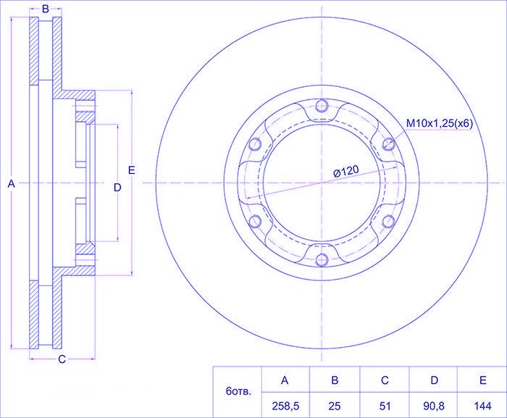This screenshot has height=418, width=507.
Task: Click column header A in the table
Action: coord(285,380)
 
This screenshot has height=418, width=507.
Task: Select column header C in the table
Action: coord(385,380)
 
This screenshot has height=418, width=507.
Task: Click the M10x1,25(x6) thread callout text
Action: coord(439,125)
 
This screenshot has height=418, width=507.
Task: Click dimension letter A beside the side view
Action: coord(12,185)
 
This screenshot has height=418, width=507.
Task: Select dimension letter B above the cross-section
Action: coord(45,9)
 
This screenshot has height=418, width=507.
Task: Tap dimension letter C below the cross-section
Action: coord(62,359)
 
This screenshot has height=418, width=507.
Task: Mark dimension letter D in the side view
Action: coord(117,188)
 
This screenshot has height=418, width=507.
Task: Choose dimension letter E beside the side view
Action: coord(131,170)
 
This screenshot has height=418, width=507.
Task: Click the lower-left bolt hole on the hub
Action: coord(255,221)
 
